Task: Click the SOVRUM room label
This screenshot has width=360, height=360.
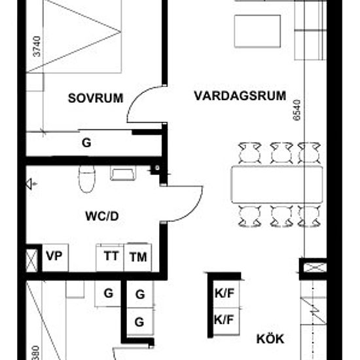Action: [96, 99]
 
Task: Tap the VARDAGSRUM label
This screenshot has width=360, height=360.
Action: [240, 96]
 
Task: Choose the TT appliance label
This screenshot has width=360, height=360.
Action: [111, 257]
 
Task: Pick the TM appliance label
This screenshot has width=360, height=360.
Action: [138, 257]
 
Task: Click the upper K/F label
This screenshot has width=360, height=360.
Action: [224, 295]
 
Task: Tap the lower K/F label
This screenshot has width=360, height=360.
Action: [224, 320]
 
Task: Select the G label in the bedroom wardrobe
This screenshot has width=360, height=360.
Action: [86, 143]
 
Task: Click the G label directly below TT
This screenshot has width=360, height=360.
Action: [109, 294]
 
